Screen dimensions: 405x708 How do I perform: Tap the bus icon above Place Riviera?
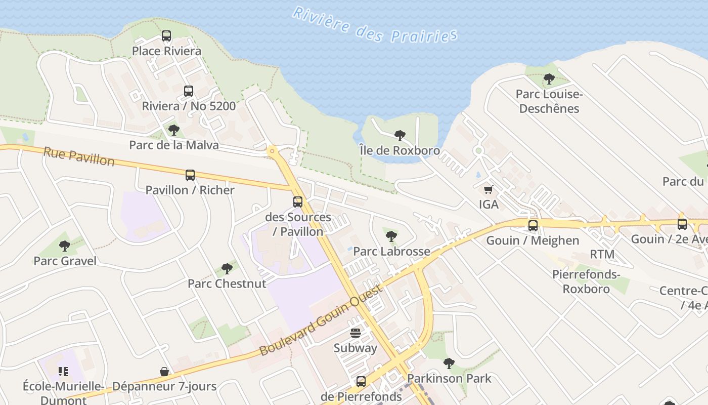pos(166,36)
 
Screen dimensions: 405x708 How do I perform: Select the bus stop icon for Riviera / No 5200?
pos(189,91)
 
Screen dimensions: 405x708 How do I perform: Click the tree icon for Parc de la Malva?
pos(174,130)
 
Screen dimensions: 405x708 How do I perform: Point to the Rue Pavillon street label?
pos(79,156)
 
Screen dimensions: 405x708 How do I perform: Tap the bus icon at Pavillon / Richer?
pos(190,175)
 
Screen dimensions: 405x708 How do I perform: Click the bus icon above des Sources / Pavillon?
pos(298,202)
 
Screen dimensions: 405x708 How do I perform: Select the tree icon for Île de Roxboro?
pos(400,136)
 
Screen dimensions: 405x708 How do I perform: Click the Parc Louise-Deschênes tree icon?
pos(549,79)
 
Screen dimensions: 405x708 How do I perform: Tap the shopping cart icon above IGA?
pos(489,189)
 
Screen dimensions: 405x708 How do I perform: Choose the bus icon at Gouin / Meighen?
pos(533,225)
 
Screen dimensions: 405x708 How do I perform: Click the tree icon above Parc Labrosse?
pos(391,236)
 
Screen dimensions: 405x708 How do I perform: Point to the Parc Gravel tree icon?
pos(65,246)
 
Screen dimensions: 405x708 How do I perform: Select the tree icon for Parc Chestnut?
pos(227,268)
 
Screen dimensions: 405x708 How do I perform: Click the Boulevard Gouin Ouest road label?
pos(322,320)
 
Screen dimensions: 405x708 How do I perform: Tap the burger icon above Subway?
pos(356,333)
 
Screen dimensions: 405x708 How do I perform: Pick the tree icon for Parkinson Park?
pos(449,363)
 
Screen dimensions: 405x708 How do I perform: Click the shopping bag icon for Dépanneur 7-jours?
pos(164,372)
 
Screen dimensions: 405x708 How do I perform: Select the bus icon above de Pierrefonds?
pos(361,381)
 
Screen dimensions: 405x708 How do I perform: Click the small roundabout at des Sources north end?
pos(273,150)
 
